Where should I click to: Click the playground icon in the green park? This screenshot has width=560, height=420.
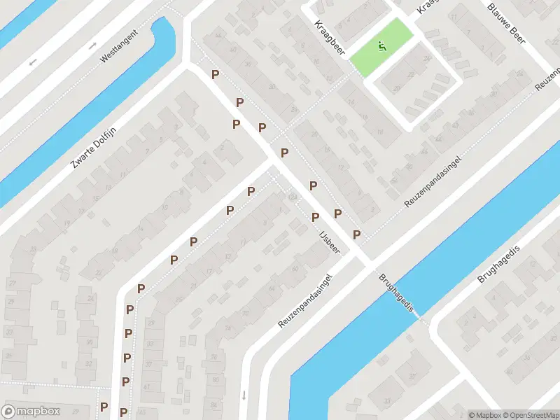coord(382,46)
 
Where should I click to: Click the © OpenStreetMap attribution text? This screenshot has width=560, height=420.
coord(531,415)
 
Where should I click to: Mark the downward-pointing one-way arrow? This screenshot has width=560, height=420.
coord(244,395)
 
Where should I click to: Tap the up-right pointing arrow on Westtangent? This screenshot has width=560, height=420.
coord(93,45)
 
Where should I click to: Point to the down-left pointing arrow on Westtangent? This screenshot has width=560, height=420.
coord(32,62)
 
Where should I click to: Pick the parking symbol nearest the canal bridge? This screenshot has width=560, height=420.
coord(356,234)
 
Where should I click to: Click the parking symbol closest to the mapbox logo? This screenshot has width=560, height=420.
coord(104,407)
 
